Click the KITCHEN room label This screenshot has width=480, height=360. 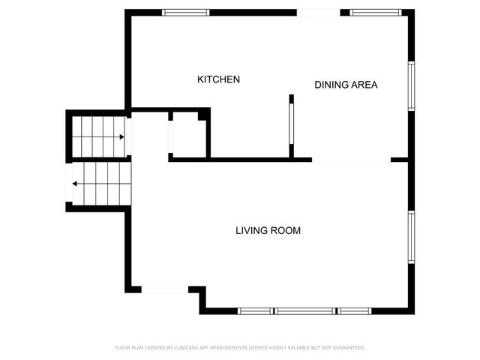(x=218, y=79)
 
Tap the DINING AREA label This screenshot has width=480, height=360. (x=346, y=85)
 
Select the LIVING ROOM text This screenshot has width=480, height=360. (x=268, y=231)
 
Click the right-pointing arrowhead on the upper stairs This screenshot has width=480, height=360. (x=121, y=137)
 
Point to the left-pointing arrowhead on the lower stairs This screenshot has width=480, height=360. (x=75, y=183)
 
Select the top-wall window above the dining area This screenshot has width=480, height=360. (x=376, y=12)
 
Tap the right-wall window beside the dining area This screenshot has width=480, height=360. (x=411, y=85)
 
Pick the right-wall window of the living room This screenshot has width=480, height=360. (x=411, y=237)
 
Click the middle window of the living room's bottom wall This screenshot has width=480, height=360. (x=305, y=310)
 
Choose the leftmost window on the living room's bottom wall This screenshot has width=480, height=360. (x=256, y=310)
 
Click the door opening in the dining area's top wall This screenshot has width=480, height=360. (x=319, y=12)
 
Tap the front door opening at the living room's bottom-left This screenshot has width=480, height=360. (x=165, y=289)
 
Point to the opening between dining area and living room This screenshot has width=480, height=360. (x=351, y=160)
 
